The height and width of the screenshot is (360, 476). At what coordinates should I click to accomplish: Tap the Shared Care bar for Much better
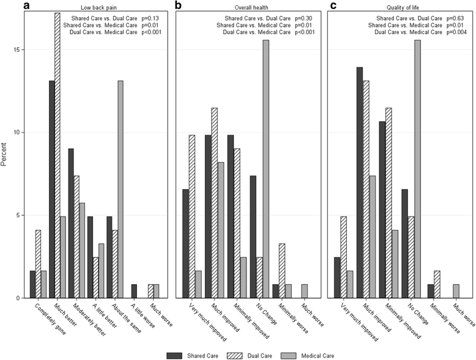click(x=52, y=189)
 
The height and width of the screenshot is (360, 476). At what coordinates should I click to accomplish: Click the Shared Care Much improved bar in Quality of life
click(x=359, y=183)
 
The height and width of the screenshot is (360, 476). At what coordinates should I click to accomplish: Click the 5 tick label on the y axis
click(x=19, y=215)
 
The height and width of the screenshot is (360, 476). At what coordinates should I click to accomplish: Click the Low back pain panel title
click(x=98, y=7)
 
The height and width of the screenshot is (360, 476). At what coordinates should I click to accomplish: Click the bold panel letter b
click(x=177, y=6)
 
